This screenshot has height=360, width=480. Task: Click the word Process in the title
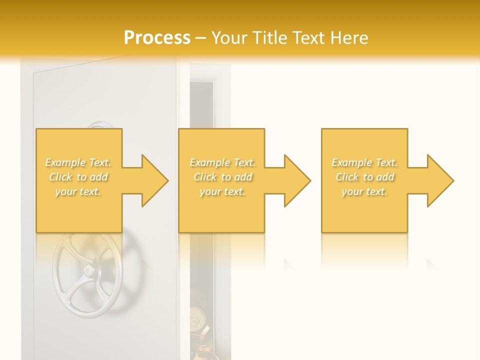157,37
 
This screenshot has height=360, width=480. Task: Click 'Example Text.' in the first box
78,162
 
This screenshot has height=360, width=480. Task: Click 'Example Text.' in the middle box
222,162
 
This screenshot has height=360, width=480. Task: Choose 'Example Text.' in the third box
364,162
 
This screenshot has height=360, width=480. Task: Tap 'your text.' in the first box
78,191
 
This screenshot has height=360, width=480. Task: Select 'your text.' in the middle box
222,191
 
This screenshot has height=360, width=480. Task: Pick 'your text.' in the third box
364,191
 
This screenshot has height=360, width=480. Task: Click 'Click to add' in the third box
364,177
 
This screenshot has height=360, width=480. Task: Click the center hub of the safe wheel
88,270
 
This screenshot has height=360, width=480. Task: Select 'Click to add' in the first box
78,177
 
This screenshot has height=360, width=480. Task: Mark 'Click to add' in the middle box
222,177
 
